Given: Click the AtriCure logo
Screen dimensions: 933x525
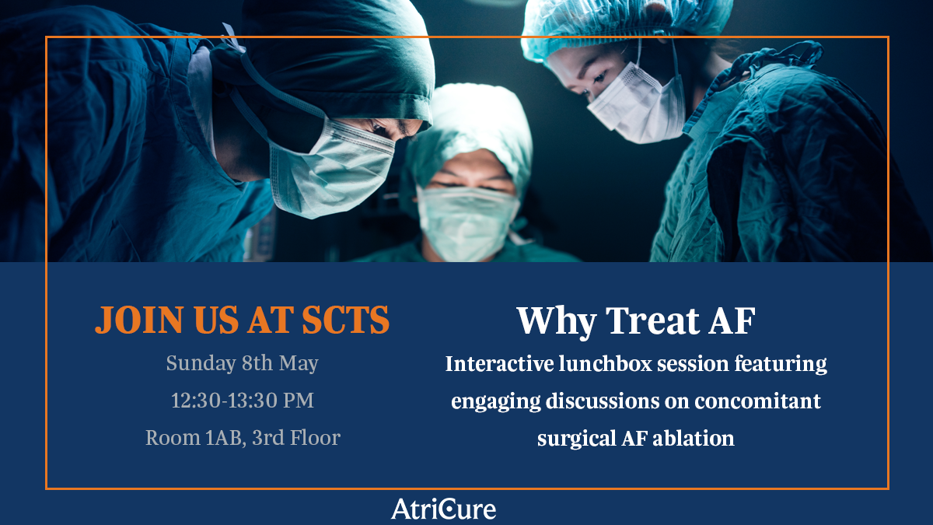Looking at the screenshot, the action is click(444, 509).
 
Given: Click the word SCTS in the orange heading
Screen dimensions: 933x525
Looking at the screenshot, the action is click(345, 320).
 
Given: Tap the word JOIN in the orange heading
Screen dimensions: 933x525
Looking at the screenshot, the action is click(139, 320).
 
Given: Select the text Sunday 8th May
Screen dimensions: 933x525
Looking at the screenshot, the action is click(242, 363).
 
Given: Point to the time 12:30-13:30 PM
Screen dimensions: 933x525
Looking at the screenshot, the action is click(242, 401).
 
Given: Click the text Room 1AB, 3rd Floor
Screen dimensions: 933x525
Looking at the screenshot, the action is click(243, 438).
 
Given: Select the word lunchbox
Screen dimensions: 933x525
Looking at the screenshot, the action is click(605, 363).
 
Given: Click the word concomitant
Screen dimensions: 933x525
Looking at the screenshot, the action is click(757, 401).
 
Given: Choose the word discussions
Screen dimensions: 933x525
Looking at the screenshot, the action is click(603, 401).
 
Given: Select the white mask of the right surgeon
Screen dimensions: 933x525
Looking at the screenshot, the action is click(637, 107).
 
